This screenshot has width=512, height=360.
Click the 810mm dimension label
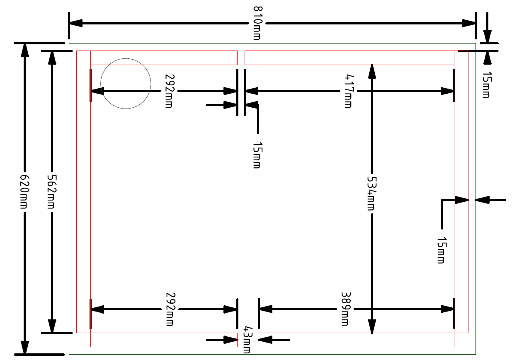pyautogui.click(x=257, y=23)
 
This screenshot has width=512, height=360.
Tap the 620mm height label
pyautogui.click(x=24, y=191)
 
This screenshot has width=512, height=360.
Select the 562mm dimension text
pyautogui.click(x=52, y=191)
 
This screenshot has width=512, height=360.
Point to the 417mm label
pyautogui.click(x=348, y=91)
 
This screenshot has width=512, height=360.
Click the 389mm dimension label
pyautogui.click(x=345, y=309)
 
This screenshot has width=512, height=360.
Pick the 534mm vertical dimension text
pyautogui.click(x=371, y=193)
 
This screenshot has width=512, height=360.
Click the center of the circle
pyautogui.click(x=126, y=84)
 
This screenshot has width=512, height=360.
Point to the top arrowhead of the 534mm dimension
pyautogui.click(x=372, y=71)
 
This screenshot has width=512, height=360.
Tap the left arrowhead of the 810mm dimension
pyautogui.click(x=76, y=23)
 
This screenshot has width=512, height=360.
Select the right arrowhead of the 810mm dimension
pyautogui.click(x=469, y=23)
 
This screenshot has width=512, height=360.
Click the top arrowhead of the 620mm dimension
pyautogui.click(x=25, y=50)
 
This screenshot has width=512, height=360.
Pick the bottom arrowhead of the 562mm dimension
pyautogui.click(x=52, y=326)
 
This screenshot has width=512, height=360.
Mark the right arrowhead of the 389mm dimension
pyautogui.click(x=447, y=309)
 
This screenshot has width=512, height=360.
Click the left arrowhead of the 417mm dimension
pyautogui.click(x=252, y=91)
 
